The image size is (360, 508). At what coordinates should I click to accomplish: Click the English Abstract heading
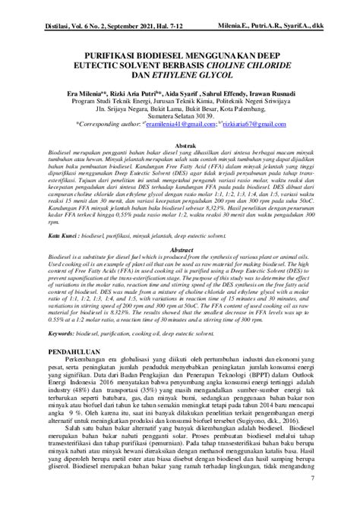click(x=180, y=249)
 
